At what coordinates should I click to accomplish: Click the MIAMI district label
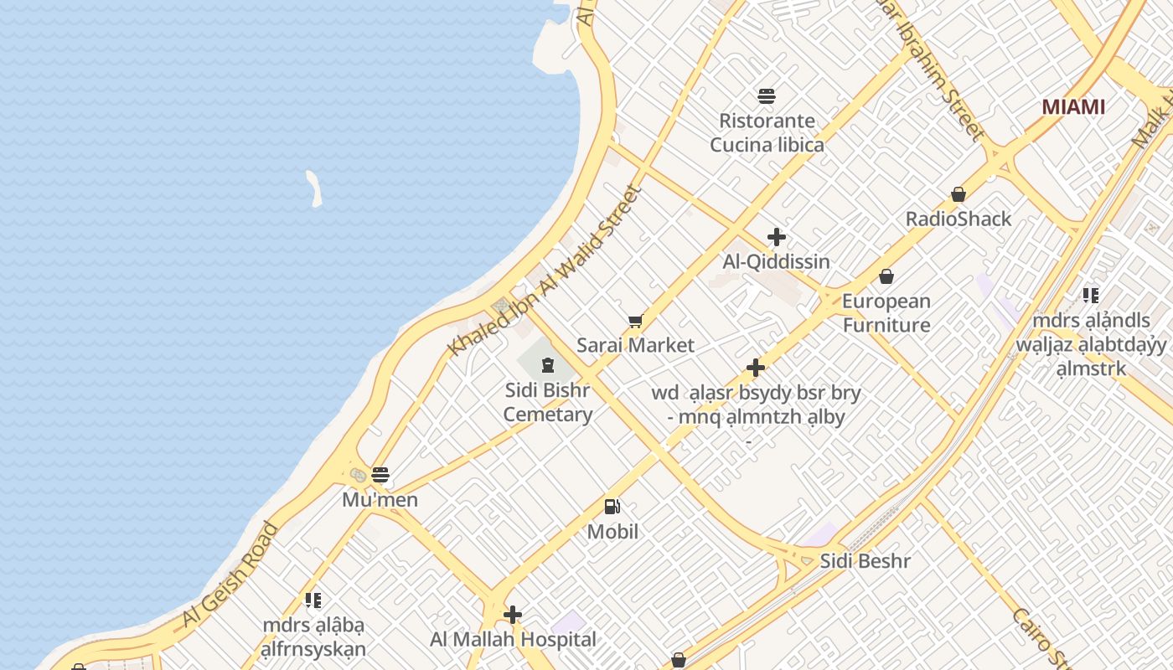(x=1073, y=107)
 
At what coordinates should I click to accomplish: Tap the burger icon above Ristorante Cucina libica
(x=766, y=95)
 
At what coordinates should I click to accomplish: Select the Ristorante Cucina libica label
(x=767, y=133)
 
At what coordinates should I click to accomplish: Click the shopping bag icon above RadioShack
(x=959, y=194)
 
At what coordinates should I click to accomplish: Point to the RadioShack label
(x=959, y=219)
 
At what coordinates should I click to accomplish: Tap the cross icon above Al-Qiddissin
(x=777, y=237)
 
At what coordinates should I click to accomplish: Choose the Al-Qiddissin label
(x=777, y=261)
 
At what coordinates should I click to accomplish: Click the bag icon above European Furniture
(x=886, y=276)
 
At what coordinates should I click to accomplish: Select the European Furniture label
(x=886, y=312)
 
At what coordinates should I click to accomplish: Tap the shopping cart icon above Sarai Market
(x=636, y=321)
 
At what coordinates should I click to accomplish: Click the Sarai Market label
(x=636, y=345)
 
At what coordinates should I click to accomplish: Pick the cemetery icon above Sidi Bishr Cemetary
(x=548, y=365)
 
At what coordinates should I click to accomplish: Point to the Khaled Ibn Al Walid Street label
(x=545, y=270)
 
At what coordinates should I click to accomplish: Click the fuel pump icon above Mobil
(x=612, y=507)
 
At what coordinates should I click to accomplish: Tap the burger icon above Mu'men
(x=380, y=475)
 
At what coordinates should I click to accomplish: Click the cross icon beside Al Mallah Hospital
(x=513, y=616)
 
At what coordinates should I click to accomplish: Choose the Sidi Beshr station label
(x=865, y=560)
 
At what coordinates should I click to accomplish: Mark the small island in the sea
(x=314, y=188)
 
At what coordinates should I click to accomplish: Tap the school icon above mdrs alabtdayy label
(x=1090, y=295)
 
